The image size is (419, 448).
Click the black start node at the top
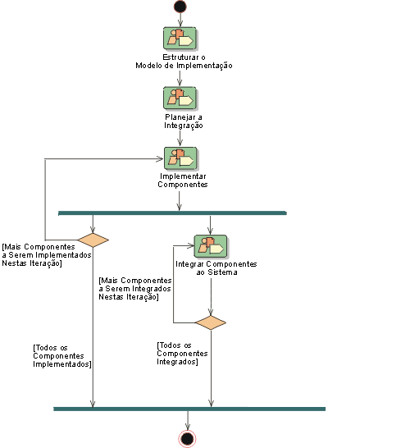(180, 7)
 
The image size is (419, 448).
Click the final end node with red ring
(188, 439)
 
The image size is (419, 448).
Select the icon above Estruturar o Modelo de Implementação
(180, 39)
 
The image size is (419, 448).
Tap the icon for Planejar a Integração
(180, 98)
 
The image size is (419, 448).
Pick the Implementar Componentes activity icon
(180, 158)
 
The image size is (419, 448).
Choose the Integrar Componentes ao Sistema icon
(211, 247)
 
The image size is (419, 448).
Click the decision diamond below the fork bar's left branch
(93, 240)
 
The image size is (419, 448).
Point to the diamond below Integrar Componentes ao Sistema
(211, 322)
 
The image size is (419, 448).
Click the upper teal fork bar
(172, 213)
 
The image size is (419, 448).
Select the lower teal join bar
(189, 409)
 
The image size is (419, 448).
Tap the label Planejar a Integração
(184, 121)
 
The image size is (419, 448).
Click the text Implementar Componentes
(183, 181)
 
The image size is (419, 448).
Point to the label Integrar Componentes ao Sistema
(216, 268)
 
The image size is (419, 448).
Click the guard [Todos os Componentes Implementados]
(62, 356)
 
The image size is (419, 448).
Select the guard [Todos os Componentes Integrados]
(182, 354)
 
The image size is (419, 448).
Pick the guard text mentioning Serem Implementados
(47, 255)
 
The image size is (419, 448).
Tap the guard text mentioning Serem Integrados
(135, 289)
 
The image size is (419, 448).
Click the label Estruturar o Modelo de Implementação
(184, 62)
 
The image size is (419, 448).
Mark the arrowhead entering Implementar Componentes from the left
(161, 159)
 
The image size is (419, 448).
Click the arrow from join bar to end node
(188, 421)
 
